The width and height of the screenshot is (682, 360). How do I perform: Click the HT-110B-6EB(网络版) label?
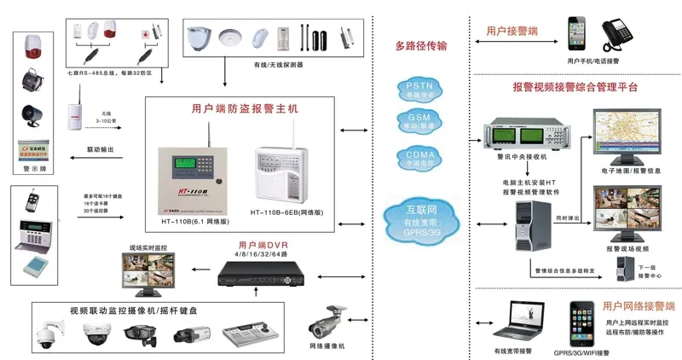pos(286,211)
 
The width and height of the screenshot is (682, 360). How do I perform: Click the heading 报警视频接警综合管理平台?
pos(575,87)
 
